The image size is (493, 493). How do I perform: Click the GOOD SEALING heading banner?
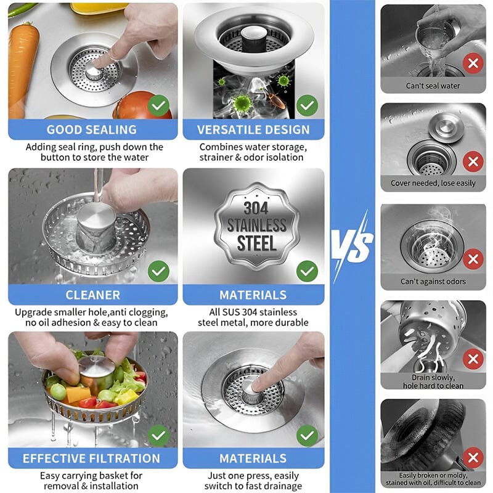click(91, 130)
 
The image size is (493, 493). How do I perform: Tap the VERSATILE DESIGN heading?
click(253, 130)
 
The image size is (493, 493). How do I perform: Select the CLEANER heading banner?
click(92, 295)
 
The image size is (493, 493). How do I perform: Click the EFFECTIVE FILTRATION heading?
click(91, 458)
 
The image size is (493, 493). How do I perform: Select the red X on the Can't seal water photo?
click(473, 63)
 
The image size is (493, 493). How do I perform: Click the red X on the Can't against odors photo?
click(473, 259)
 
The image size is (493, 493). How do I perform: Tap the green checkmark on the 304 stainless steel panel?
click(307, 271)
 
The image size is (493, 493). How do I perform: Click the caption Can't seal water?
click(433, 86)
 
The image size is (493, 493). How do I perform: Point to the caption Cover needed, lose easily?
click(433, 183)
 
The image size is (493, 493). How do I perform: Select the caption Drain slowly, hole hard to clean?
click(433, 381)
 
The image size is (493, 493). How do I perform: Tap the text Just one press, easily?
click(253, 476)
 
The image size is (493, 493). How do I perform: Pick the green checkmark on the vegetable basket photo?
click(159, 436)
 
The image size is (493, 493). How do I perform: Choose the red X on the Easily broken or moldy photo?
click(473, 458)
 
